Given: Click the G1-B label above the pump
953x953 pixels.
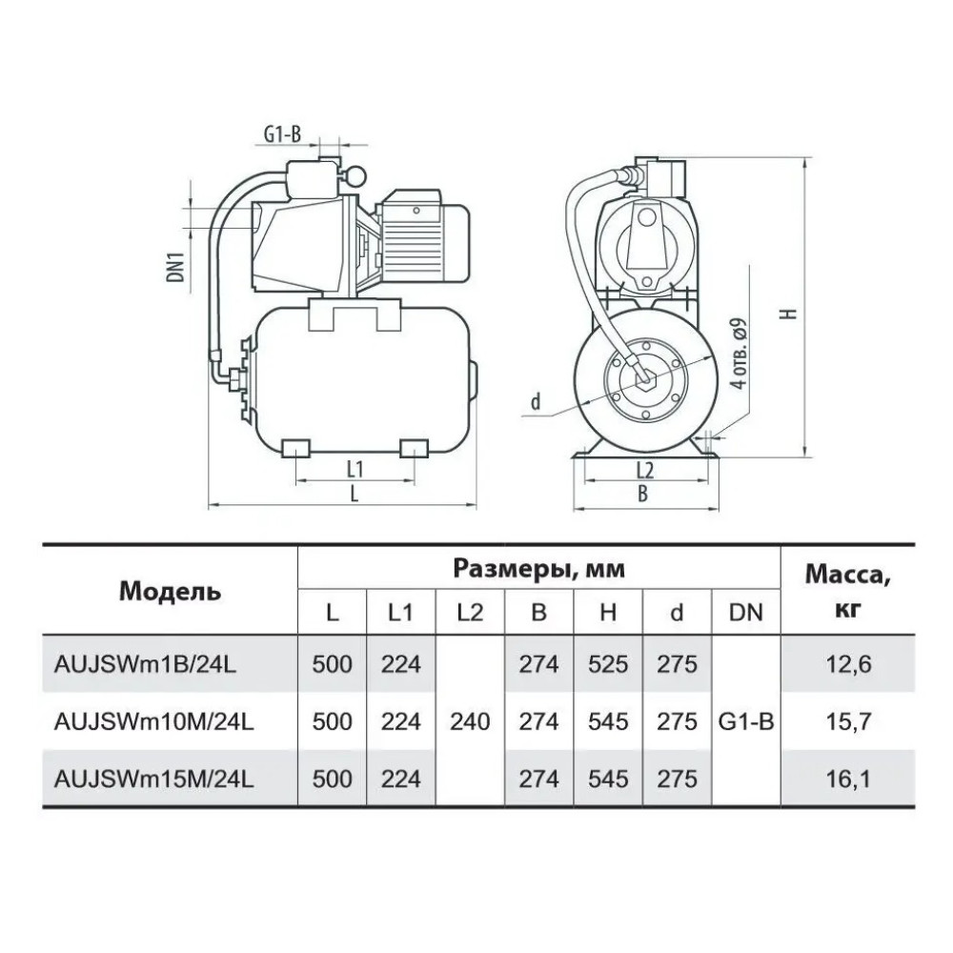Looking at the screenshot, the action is pos(282,134).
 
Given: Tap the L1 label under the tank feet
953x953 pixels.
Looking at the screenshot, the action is pos(355,469).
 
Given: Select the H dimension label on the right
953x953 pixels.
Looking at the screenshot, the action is pos(789,314).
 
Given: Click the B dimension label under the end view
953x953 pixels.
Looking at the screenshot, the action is pos(642,494).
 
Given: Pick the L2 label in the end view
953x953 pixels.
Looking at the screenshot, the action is pos(645,470).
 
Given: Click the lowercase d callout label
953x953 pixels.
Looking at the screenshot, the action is pos(536,402).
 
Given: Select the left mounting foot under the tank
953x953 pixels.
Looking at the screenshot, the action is pos(296,447).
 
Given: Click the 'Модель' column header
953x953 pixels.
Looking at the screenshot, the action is pos(170,591).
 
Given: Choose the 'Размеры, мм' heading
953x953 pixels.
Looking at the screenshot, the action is pos(539,570).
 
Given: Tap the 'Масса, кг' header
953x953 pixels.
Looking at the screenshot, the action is pos(848,591).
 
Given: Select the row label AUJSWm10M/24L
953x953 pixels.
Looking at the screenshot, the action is pos(153,721).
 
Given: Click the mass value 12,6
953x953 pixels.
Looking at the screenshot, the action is pos(848,664).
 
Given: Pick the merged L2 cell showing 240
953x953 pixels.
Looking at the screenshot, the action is pos(470,721).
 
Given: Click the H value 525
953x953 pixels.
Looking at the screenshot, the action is pos(608,664).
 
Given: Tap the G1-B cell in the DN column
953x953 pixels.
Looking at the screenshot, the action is pos(746,721).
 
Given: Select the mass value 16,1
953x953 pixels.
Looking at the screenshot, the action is pos(848,779).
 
